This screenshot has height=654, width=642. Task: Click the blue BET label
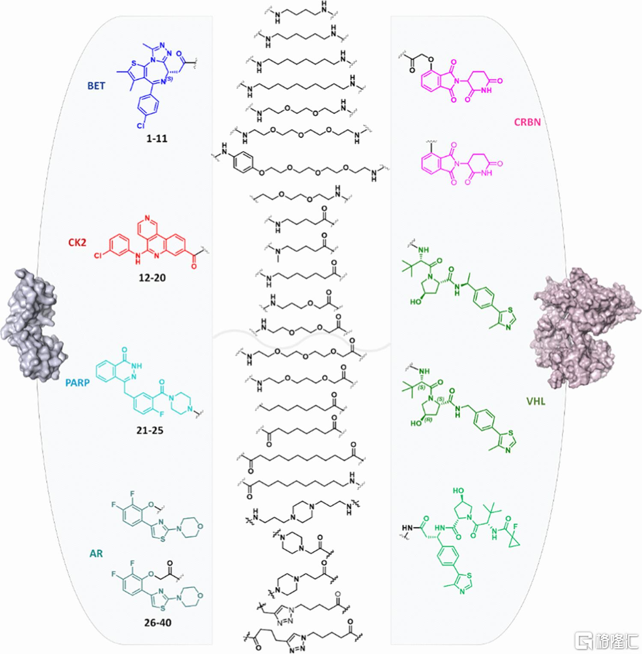96,85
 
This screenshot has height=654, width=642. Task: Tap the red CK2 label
77,242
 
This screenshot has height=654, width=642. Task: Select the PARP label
77,383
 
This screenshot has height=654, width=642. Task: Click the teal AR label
96,554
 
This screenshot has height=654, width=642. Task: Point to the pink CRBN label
527,122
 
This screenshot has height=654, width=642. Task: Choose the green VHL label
536,401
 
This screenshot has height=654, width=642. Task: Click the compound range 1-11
157,138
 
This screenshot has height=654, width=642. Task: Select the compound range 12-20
152,277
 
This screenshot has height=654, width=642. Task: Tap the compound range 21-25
150,430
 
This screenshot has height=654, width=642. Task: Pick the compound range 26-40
158,622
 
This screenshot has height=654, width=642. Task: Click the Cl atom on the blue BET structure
141,126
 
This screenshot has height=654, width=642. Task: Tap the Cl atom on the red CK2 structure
98,256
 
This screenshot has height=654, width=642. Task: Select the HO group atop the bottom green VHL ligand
458,491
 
